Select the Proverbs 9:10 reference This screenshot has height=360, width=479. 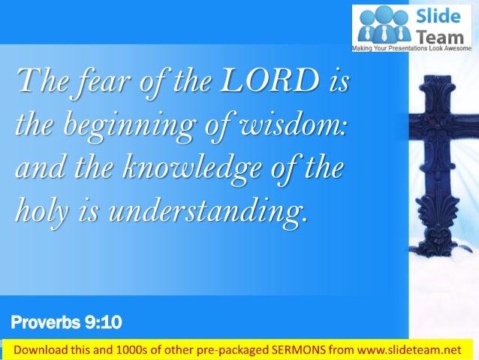pyautogui.click(x=66, y=324)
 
